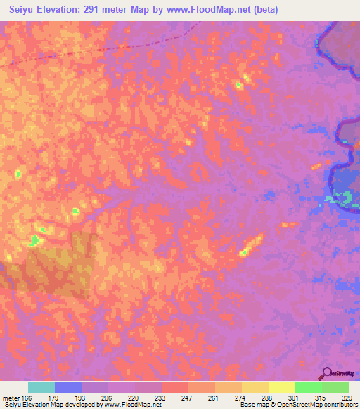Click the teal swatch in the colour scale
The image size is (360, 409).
click(x=41, y=387)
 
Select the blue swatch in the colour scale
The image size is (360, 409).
click(x=68, y=387)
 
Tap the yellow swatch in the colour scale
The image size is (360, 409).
click(x=282, y=387)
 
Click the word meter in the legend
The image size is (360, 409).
click(x=12, y=398)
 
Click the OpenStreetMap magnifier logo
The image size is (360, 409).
click(x=326, y=373)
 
